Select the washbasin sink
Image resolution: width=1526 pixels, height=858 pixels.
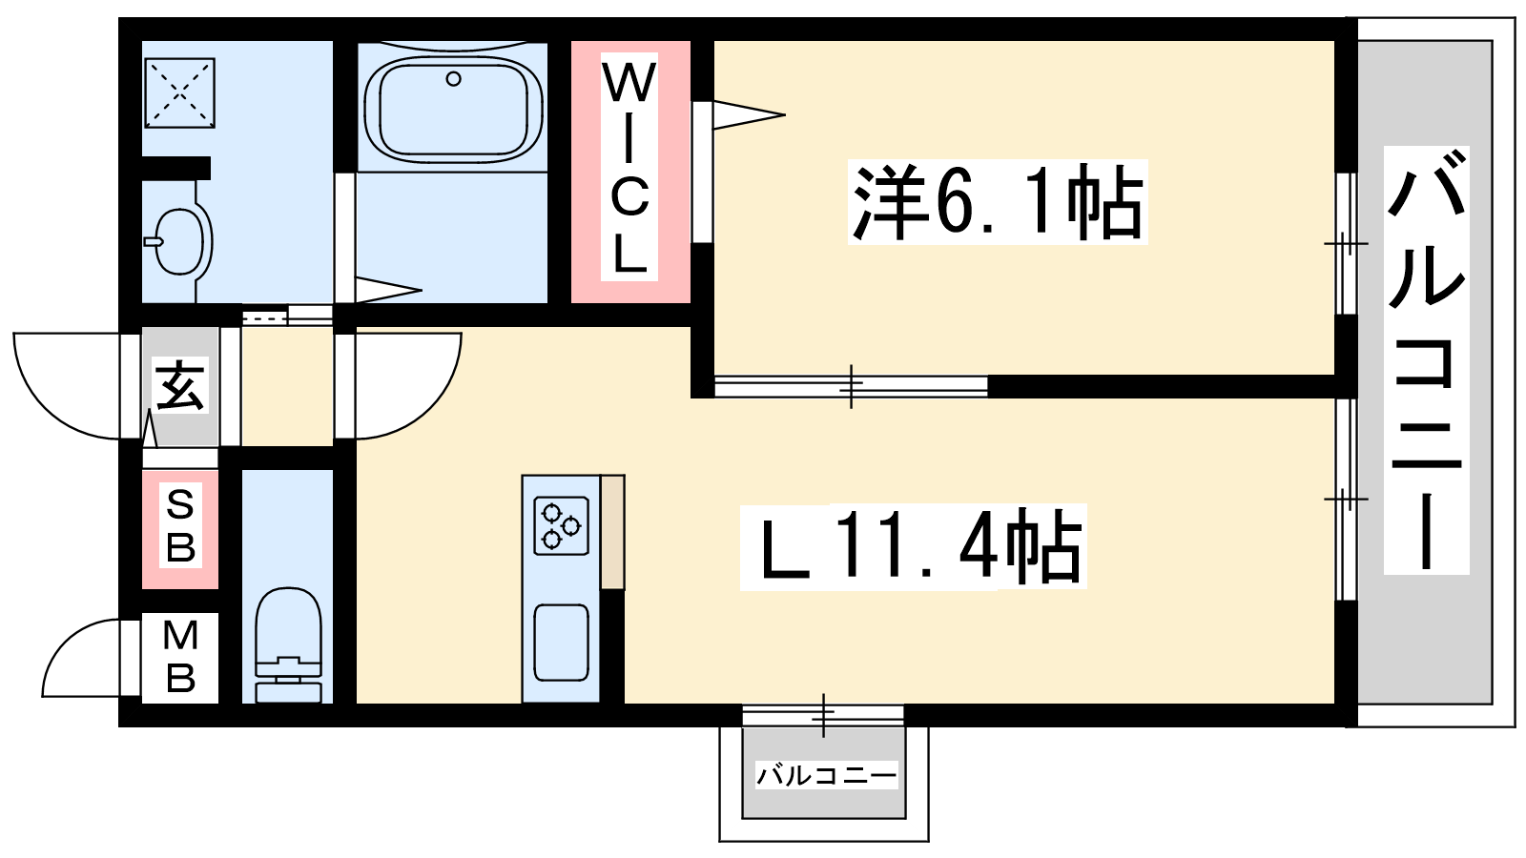178,240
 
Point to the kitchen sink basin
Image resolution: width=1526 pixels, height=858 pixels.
561,643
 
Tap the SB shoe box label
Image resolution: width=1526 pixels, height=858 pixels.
180,526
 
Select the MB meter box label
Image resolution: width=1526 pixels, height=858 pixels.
180,657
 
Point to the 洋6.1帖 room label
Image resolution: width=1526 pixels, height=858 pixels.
997,203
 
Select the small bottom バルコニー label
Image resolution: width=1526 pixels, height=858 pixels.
826,775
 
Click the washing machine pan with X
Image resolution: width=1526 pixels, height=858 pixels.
179,92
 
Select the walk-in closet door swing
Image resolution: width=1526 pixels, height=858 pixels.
749,115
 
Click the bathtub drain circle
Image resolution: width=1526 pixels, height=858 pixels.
454,79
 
